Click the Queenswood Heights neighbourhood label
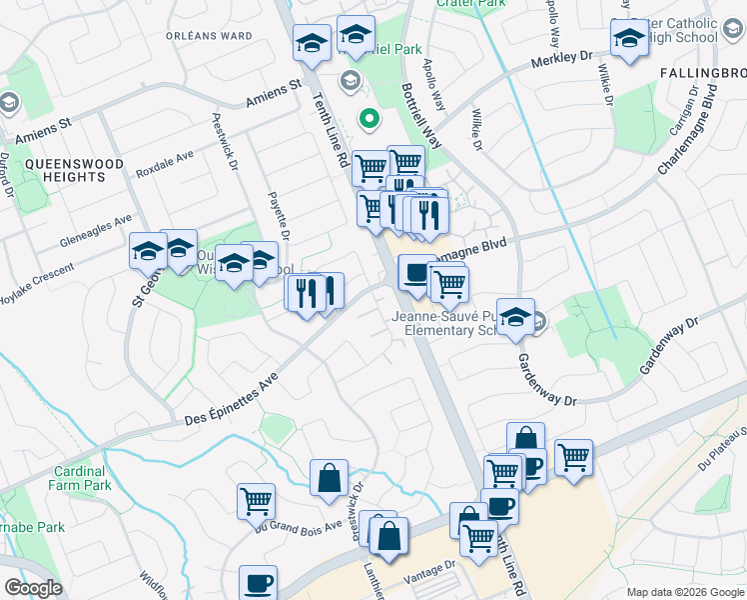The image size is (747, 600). click(x=74, y=170)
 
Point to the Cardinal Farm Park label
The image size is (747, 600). click(x=79, y=478)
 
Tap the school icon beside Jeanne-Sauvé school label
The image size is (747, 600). click(x=514, y=318)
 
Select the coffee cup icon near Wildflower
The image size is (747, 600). click(x=258, y=583)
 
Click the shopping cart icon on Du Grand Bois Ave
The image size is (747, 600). click(x=256, y=501)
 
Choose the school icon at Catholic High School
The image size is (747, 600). click(x=628, y=39)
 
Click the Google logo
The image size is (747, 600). click(x=33, y=588)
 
